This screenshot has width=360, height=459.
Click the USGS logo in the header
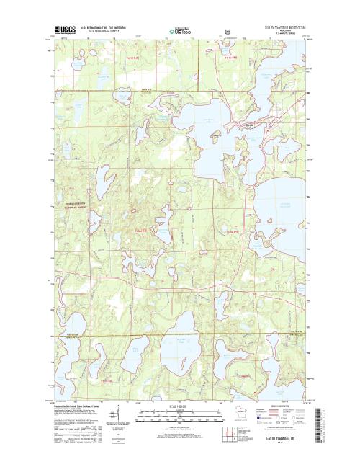pyautogui.click(x=63, y=30)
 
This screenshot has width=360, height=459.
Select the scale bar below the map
pyautogui.click(x=180, y=414)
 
